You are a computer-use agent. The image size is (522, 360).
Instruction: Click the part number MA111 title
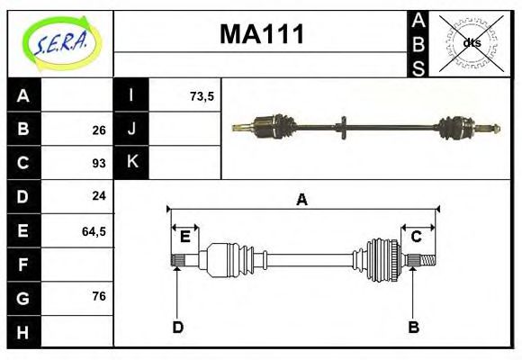point(262,35)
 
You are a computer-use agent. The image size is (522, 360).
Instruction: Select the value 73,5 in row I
point(202,96)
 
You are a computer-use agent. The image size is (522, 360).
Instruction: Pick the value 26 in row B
point(99,130)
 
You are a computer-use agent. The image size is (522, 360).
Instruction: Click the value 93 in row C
point(99,164)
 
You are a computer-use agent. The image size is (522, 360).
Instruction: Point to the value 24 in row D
point(99,196)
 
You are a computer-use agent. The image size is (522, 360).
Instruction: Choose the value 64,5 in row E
point(94,231)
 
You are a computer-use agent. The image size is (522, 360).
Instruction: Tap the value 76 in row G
point(99,296)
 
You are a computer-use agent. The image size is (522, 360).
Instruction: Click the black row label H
point(23,331)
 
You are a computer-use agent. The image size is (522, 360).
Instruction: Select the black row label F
point(23,265)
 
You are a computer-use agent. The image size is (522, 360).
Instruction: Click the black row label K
point(131,163)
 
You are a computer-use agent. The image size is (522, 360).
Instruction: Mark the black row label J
point(131,130)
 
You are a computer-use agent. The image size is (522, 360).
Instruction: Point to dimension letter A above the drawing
point(301,200)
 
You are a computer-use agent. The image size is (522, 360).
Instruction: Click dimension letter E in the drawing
point(184,237)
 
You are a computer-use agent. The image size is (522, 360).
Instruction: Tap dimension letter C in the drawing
point(416,237)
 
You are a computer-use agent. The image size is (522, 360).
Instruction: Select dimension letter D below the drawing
point(177,328)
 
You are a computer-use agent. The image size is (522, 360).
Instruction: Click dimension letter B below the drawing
point(413,328)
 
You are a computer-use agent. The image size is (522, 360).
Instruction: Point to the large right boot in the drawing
point(382,260)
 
